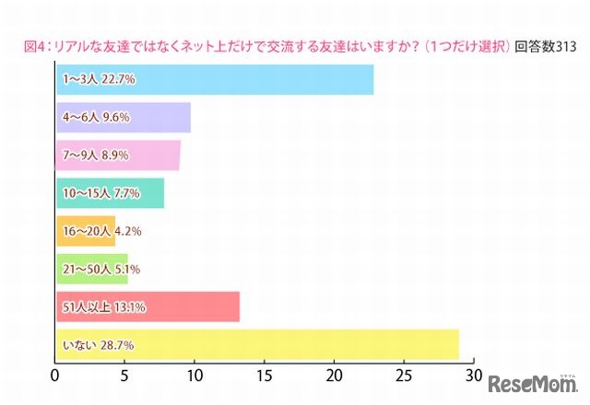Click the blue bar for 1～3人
coord(214,79)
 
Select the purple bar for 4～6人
coord(123,118)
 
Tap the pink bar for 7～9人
coord(118,156)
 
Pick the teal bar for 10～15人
coord(110,193)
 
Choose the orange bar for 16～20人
coord(85,231)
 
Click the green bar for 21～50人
coord(91,269)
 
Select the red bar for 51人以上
coord(147,307)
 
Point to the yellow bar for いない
coord(257,344)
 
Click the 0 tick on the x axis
coord(56,376)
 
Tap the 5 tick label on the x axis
coord(125,376)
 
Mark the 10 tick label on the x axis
coord(195,376)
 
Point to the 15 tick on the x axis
coord(265,376)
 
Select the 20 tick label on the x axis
coord(335,376)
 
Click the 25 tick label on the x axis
coord(404,376)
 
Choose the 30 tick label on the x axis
coord(474,376)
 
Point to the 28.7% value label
coord(118,344)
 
